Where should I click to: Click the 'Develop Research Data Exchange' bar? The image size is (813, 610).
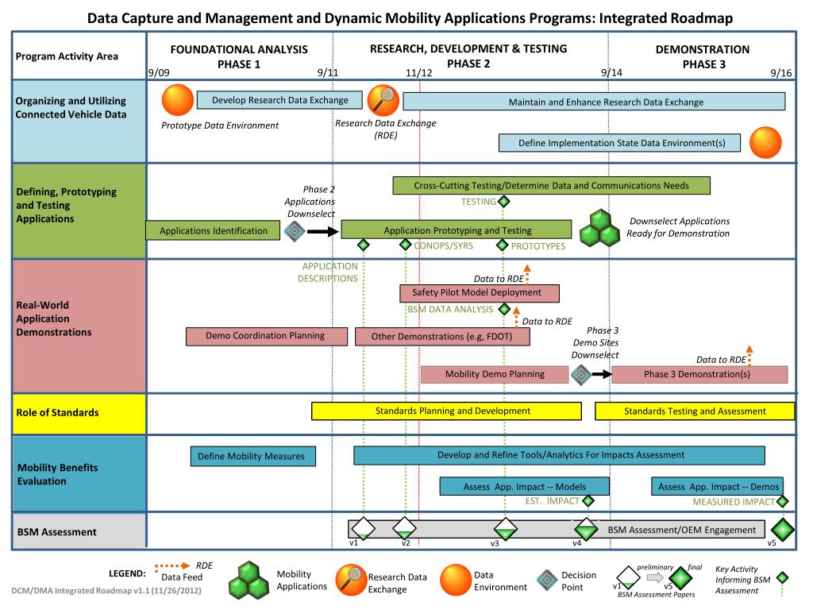coord(279,100)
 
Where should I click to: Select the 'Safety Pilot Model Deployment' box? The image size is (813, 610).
coord(479,292)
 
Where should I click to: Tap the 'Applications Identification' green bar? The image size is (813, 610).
coord(213,230)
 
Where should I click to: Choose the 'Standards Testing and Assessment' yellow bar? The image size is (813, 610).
coord(695,411)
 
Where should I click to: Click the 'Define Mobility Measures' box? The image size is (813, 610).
coord(253,457)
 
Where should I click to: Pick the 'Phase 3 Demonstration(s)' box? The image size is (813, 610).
coord(699,374)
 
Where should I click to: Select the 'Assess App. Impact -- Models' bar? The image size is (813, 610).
coord(524,487)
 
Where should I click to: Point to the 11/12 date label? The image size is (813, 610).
coord(418,72)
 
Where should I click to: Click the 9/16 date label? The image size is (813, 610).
coord(781,72)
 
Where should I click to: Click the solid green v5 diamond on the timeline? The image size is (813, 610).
coord(782,530)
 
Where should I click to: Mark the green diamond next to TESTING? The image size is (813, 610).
coord(503,201)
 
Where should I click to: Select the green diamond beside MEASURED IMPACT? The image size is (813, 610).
coord(782,502)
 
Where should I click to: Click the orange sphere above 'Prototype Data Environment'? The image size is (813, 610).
coord(178,100)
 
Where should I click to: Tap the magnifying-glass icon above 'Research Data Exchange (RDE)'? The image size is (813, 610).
coord(383,100)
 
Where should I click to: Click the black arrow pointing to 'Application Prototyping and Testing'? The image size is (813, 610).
coord(322,231)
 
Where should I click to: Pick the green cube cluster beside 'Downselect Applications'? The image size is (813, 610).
coord(600,228)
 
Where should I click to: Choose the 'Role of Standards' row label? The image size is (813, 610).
coord(57,413)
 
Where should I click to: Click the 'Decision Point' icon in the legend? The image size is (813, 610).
coord(547,581)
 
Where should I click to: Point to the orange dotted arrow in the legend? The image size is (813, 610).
coord(172,566)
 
